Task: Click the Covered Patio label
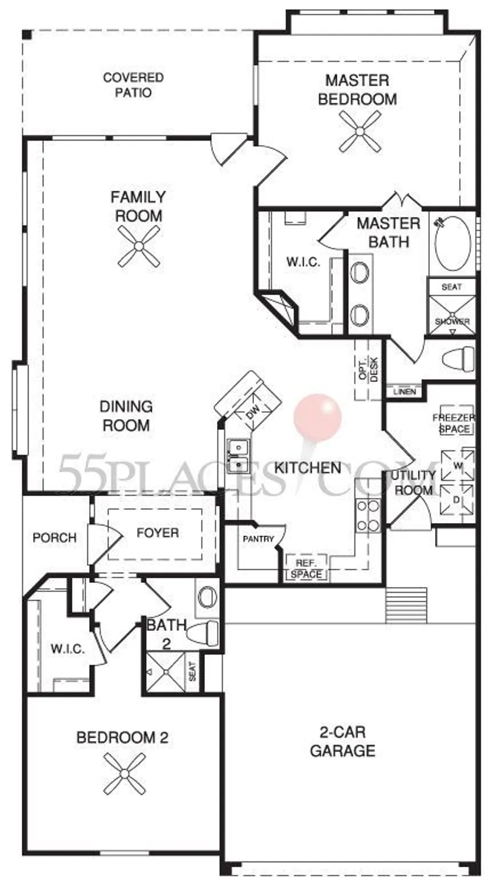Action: click(134, 85)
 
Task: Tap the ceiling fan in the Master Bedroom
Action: click(360, 131)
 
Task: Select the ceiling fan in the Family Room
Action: click(139, 246)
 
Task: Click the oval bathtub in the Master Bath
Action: click(453, 244)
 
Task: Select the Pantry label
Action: click(258, 538)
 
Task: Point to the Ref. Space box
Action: click(307, 569)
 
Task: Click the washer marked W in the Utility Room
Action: click(457, 465)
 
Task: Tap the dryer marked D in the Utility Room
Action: click(457, 500)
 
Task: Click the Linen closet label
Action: click(405, 392)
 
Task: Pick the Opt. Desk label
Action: click(369, 369)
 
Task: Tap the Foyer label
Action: click(158, 533)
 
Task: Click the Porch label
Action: click(54, 537)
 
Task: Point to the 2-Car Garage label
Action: click(343, 742)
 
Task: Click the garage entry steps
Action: click(406, 605)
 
